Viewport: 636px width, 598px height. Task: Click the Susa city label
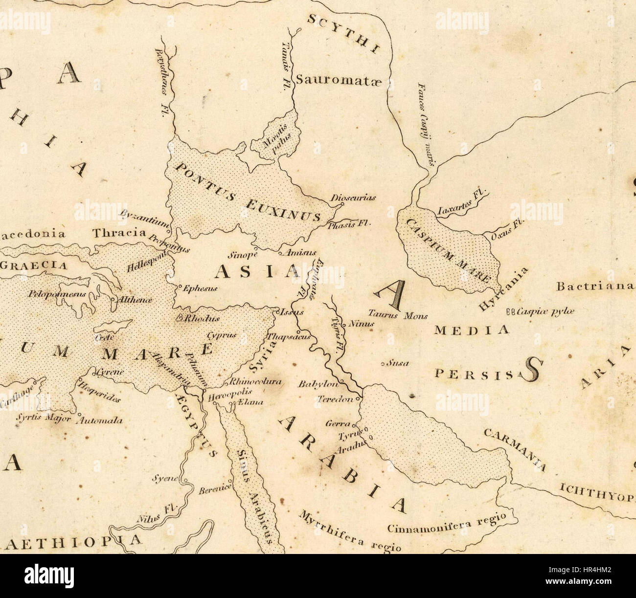click(398, 363)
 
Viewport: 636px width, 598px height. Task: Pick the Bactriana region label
click(595, 286)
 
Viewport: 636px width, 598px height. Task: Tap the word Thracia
click(119, 232)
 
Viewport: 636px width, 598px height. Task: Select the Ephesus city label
click(199, 288)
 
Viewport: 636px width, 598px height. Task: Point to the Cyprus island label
click(221, 335)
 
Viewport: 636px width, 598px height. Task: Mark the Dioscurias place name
click(353, 198)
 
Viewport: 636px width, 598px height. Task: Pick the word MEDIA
click(472, 330)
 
